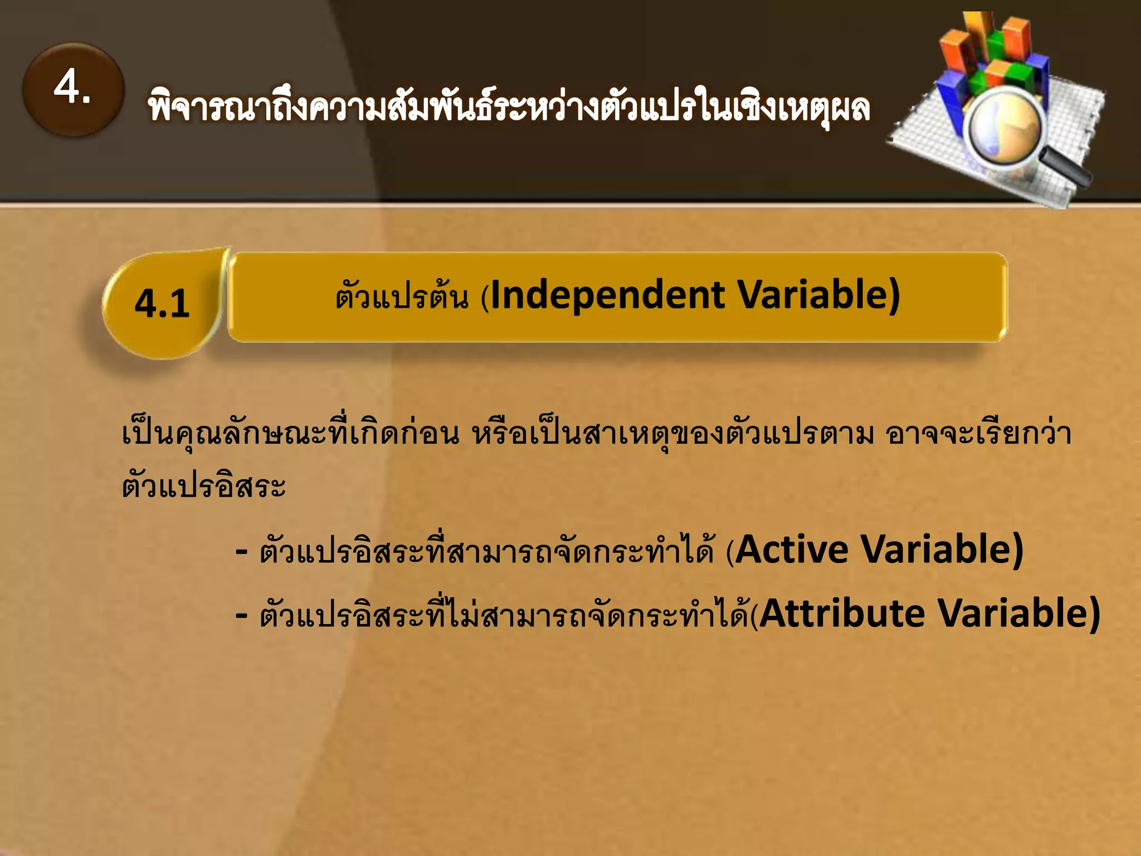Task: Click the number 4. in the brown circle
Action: (72, 87)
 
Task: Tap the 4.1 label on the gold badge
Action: (162, 304)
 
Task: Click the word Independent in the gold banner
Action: (608, 295)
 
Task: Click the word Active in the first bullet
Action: (792, 550)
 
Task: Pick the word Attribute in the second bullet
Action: (842, 614)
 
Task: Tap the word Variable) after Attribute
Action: (1019, 614)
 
